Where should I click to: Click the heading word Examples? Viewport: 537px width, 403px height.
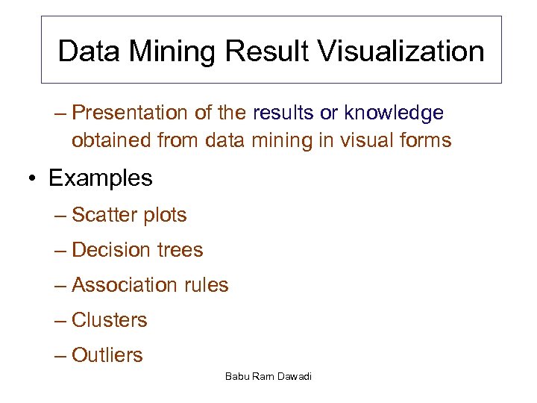(100, 178)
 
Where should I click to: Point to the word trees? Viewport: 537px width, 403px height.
(178, 250)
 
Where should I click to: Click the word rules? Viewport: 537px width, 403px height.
(204, 285)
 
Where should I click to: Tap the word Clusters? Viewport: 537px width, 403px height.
(110, 320)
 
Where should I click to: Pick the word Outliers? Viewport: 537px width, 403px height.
(107, 355)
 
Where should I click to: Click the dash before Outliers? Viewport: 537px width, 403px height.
(60, 356)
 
